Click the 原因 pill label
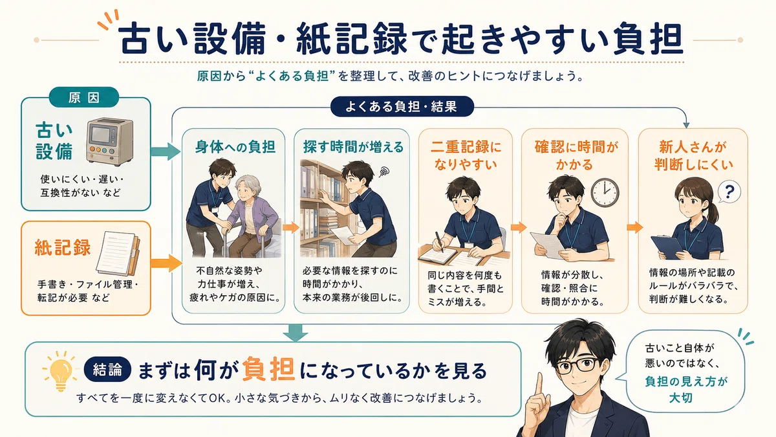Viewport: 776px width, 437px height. [x=84, y=97]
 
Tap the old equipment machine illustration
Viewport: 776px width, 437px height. [x=109, y=142]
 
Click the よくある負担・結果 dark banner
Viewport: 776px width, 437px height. [x=402, y=106]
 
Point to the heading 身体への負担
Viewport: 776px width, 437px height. [x=235, y=147]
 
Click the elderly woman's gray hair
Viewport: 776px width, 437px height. [x=248, y=186]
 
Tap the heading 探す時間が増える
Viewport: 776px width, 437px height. [x=353, y=147]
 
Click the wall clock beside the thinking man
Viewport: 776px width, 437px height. [x=605, y=193]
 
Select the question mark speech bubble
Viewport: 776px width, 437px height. [x=729, y=192]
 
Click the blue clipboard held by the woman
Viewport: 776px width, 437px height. [x=667, y=247]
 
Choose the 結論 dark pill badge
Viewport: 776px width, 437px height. [x=107, y=370]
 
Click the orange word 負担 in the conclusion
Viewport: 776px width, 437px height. [x=269, y=370]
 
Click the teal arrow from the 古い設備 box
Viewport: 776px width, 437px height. [x=166, y=151]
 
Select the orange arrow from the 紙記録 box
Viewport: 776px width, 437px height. [x=166, y=263]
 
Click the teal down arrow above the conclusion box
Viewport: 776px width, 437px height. [x=295, y=332]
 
